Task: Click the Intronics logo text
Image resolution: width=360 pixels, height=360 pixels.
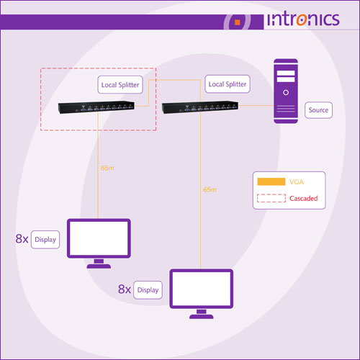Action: tap(303, 19)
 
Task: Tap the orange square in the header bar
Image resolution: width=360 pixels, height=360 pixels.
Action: tap(238, 22)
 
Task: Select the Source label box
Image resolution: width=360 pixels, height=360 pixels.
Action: tap(318, 110)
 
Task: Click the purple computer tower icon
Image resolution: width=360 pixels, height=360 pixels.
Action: tap(286, 91)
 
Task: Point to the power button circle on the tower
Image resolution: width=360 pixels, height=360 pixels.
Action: tap(286, 92)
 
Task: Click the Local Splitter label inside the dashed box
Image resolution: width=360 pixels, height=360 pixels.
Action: tap(120, 85)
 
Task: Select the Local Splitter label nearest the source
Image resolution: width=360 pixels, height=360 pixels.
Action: tap(228, 84)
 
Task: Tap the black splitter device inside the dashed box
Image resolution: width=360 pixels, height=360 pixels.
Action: tap(96, 107)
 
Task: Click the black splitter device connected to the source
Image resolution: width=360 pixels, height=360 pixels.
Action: tap(200, 107)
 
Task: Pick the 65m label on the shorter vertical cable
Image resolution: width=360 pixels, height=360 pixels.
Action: tap(107, 168)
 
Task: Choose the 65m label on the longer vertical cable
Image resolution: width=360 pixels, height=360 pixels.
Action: tap(210, 190)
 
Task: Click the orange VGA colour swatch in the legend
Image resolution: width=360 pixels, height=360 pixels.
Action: tap(271, 181)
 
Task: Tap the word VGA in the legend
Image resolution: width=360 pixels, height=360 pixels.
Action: tap(297, 182)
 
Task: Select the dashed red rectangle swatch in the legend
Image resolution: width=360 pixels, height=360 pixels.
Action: tap(271, 198)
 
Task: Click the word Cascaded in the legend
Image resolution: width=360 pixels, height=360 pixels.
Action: tap(304, 199)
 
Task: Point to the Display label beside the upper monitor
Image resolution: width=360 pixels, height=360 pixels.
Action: tap(45, 240)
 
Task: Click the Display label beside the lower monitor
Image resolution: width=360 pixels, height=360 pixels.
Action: tap(148, 290)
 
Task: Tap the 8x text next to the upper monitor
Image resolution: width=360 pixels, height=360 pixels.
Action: tap(22, 239)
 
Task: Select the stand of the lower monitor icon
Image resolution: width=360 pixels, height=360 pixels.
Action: tap(202, 314)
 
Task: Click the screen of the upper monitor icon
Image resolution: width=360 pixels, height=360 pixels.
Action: tap(99, 238)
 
